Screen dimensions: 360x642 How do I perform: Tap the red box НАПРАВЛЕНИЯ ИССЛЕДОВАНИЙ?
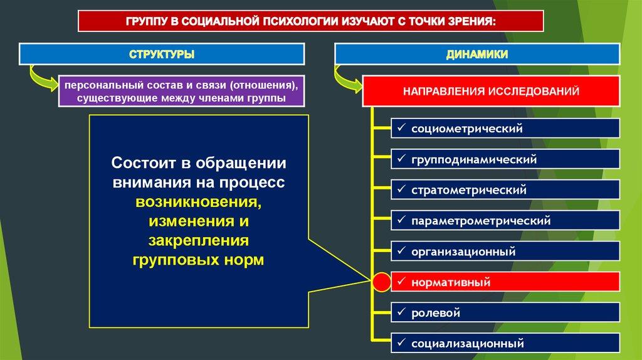tap(491, 92)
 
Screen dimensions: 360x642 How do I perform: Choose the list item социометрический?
tap(505, 129)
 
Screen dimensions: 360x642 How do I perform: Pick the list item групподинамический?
tap(505, 159)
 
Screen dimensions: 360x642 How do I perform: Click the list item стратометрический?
tap(505, 189)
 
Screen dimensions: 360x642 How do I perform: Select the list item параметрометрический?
tap(505, 221)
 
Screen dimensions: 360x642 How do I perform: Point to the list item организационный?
tap(505, 252)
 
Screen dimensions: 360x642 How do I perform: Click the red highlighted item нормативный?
tap(505, 283)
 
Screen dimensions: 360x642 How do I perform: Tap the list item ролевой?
tap(505, 312)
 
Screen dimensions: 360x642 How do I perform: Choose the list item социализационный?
tap(505, 343)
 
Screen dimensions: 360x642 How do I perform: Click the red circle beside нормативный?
tap(381, 283)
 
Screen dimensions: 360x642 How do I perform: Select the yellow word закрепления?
tap(199, 241)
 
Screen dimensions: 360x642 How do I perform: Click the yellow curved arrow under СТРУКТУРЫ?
tap(41, 80)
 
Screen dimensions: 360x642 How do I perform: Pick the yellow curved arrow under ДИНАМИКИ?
tap(349, 80)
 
